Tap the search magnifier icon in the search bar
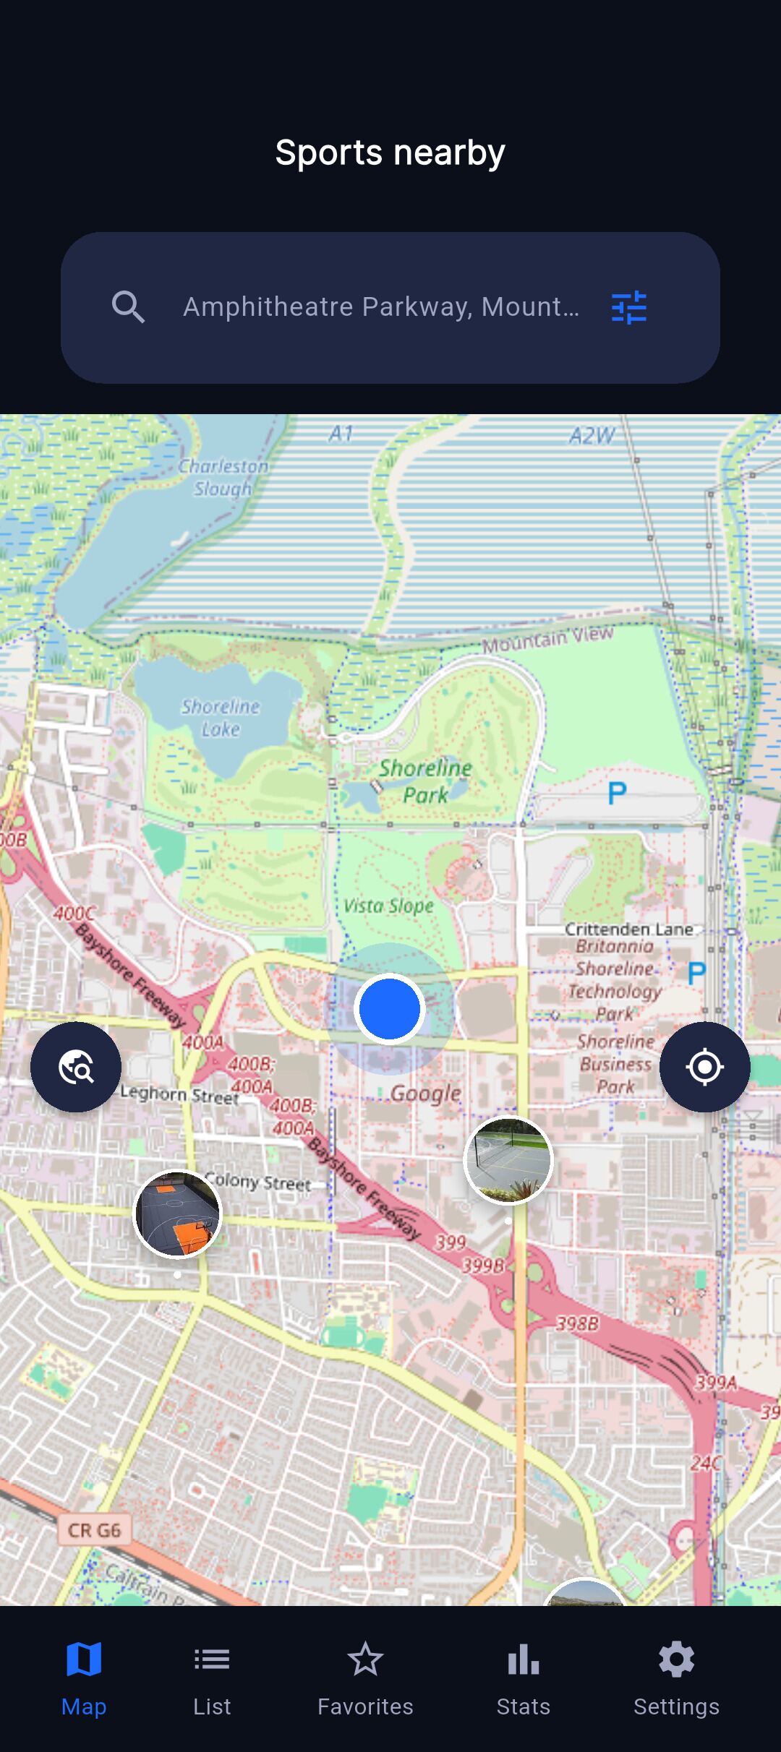[x=128, y=307]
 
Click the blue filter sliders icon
[x=628, y=307]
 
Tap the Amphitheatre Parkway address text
[x=381, y=307]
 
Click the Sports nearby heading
[x=390, y=153]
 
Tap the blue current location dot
[x=390, y=1008]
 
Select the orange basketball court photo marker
[x=178, y=1214]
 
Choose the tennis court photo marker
[x=508, y=1161]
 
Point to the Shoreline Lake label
[x=221, y=718]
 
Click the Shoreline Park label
[x=425, y=781]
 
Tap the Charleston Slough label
[x=223, y=478]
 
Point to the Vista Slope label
[x=388, y=906]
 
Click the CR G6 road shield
[x=94, y=1530]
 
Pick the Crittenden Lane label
[x=628, y=929]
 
